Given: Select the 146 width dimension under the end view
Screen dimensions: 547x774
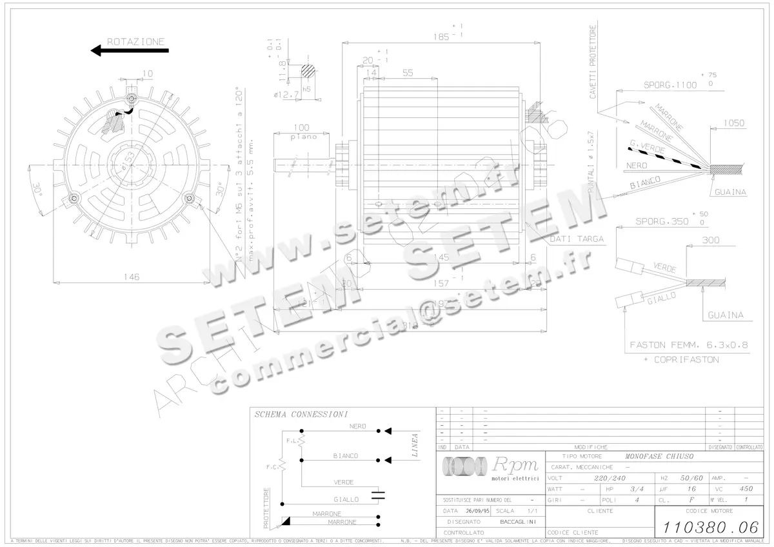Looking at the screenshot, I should click(x=132, y=277).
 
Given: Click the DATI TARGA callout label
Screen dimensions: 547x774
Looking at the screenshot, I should click(x=577, y=239).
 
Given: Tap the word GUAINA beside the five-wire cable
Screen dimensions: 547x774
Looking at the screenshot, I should click(x=730, y=192).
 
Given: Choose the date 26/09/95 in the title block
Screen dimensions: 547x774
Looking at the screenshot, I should click(x=478, y=510).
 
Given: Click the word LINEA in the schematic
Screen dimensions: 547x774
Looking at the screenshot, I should click(x=415, y=445).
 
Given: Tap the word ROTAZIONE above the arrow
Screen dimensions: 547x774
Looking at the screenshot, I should click(x=135, y=41).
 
